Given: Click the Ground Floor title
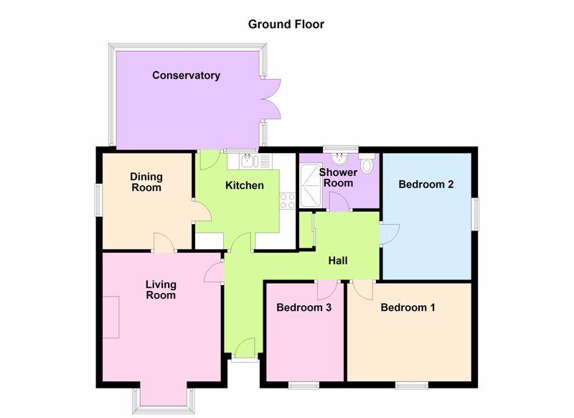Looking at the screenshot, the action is pyautogui.click(x=286, y=24).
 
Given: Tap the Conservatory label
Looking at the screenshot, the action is pyautogui.click(x=186, y=75).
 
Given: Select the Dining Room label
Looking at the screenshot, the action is pyautogui.click(x=146, y=182).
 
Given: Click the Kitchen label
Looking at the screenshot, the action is pyautogui.click(x=245, y=185).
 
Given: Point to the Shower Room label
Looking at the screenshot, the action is pyautogui.click(x=338, y=177).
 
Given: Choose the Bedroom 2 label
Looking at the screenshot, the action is pyautogui.click(x=426, y=184).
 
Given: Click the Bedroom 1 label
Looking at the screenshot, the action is pyautogui.click(x=408, y=307).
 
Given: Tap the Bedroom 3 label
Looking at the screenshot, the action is pyautogui.click(x=304, y=307).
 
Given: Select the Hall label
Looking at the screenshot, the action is pyautogui.click(x=338, y=261).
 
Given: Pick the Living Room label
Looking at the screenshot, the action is pyautogui.click(x=161, y=289).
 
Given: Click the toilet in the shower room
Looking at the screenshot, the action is pyautogui.click(x=367, y=163).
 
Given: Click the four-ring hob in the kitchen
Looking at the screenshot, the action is pyautogui.click(x=287, y=201).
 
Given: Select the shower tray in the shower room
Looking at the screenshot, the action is pyautogui.click(x=311, y=186).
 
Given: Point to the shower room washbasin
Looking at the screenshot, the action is pyautogui.click(x=339, y=158).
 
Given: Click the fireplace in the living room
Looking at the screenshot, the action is pyautogui.click(x=111, y=317).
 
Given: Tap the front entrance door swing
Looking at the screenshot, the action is pyautogui.click(x=245, y=348).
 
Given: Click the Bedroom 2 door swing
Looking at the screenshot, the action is pyautogui.click(x=390, y=234).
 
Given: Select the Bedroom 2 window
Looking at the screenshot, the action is pyautogui.click(x=475, y=214).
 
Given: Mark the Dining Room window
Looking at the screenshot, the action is pyautogui.click(x=99, y=200).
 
